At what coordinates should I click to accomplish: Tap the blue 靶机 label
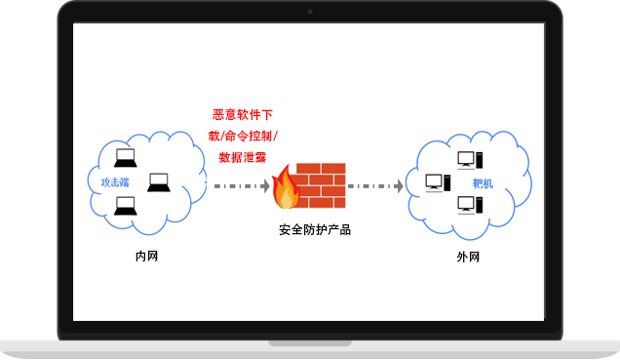[482, 182]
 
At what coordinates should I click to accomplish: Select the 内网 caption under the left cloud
[146, 258]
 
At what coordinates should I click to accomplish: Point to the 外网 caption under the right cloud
[468, 258]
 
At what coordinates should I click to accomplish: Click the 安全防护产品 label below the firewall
[314, 230]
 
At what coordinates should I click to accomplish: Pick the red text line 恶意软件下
[243, 115]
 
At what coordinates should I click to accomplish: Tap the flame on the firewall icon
[286, 187]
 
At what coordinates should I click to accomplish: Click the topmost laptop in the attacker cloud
[126, 158]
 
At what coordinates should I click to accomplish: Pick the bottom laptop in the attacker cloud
[125, 205]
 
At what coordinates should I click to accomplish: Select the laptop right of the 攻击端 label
[159, 181]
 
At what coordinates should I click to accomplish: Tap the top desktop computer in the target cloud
[467, 159]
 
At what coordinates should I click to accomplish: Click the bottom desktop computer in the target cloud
[467, 205]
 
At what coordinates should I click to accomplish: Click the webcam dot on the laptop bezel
[310, 12]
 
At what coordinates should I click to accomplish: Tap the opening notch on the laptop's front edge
[310, 342]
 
